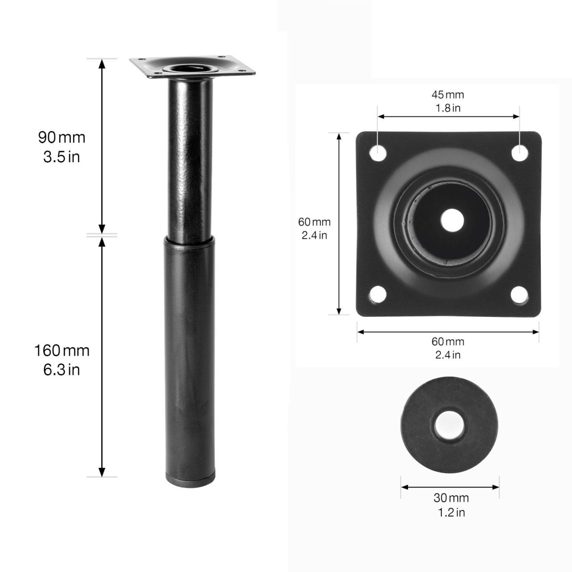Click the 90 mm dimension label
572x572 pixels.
coord(62,138)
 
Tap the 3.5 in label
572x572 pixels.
coord(62,157)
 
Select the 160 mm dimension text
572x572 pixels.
coord(62,350)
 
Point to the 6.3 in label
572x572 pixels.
coord(62,370)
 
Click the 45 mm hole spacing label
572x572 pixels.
coord(448,95)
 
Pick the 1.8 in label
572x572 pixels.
coord(448,108)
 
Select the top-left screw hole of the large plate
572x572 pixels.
coord(378,153)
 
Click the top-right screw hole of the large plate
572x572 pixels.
coord(520,153)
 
